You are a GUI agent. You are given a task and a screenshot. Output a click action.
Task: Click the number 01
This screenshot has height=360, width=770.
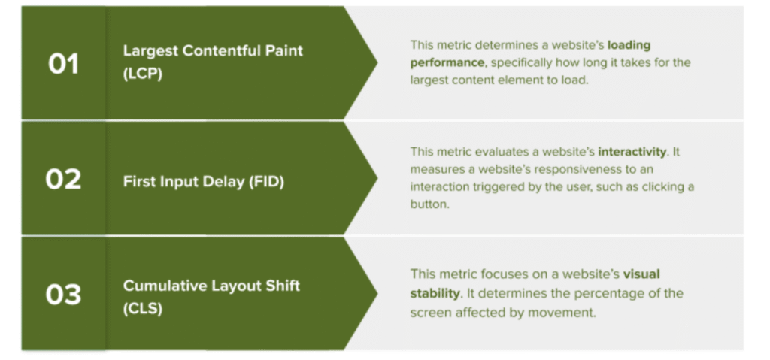63,64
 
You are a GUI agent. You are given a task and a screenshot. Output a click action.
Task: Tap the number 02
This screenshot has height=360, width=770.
63,180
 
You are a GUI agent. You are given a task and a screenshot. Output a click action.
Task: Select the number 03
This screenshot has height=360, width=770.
63,295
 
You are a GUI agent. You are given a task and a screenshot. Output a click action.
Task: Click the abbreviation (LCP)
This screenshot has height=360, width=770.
142,74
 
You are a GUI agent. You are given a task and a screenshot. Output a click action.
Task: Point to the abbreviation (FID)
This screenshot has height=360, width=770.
267,182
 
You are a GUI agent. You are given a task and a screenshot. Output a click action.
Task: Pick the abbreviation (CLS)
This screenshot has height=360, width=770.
142,309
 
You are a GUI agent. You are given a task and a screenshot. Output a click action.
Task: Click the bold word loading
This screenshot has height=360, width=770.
629,46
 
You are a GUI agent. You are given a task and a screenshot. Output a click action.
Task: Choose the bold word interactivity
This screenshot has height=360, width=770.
632,153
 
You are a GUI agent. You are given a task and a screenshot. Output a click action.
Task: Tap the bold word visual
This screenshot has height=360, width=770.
641,274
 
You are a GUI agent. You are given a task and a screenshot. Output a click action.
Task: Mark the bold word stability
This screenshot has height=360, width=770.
435,294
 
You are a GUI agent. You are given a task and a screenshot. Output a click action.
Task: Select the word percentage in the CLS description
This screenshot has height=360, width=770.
596,294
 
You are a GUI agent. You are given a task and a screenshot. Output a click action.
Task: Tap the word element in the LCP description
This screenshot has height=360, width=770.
524,80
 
